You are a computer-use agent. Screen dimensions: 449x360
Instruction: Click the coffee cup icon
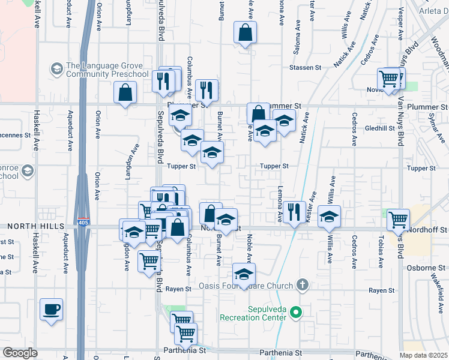51,310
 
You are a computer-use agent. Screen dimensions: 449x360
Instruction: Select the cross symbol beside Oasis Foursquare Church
303,285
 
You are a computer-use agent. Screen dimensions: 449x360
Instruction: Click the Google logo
20,353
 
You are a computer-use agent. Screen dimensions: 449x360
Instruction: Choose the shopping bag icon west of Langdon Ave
125,92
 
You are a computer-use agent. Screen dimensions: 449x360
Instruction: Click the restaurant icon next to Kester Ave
294,211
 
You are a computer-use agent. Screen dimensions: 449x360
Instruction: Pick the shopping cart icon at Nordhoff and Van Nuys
399,220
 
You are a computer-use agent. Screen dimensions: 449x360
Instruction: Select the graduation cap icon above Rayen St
244,274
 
